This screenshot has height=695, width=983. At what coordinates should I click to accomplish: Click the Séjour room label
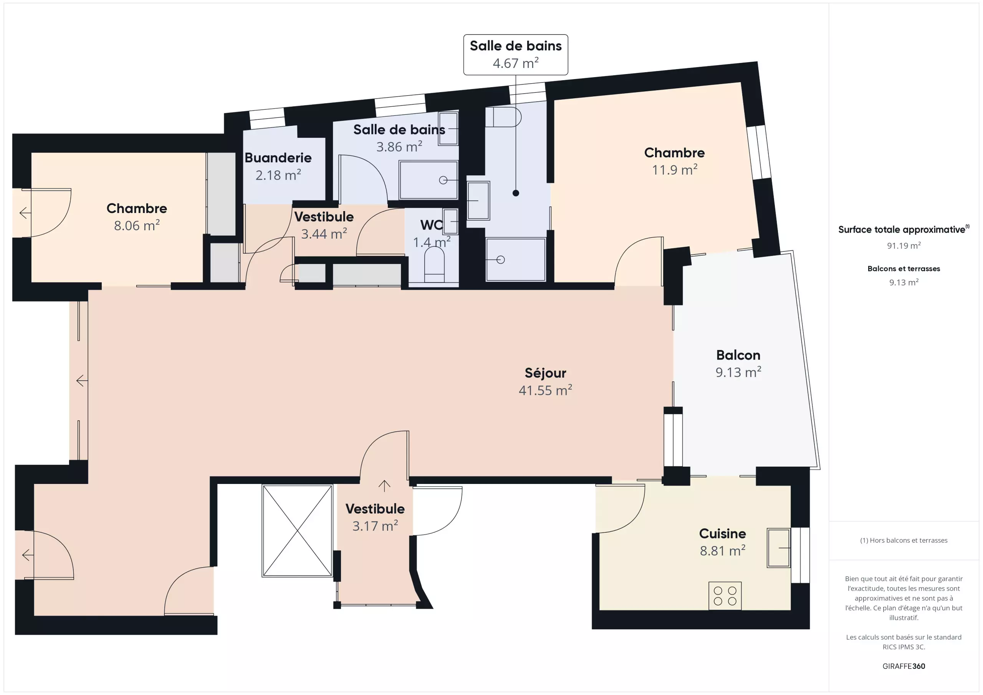545,373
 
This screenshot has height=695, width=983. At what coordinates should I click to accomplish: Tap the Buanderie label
278,158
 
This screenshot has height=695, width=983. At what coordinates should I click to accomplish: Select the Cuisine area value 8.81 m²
723,550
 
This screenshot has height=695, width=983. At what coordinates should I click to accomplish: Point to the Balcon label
738,355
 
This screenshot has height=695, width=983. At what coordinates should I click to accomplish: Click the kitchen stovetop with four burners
725,596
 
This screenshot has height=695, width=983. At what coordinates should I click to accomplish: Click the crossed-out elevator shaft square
297,531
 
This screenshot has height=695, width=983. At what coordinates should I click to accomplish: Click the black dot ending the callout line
516,193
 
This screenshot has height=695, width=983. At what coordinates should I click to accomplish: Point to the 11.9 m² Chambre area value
674,170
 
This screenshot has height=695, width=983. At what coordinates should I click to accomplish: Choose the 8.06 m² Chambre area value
137,226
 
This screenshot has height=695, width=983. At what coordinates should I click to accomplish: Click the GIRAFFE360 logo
904,666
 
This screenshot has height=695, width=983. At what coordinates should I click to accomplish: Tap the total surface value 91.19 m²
904,246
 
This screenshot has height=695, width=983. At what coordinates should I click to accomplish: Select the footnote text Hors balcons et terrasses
909,540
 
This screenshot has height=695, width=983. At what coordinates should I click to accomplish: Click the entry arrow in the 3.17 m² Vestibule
384,485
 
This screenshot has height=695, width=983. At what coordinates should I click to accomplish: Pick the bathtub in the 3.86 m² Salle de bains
428,180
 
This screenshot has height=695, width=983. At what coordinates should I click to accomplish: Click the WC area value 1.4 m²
432,243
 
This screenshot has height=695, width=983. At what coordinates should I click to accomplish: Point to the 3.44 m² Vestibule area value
324,234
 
